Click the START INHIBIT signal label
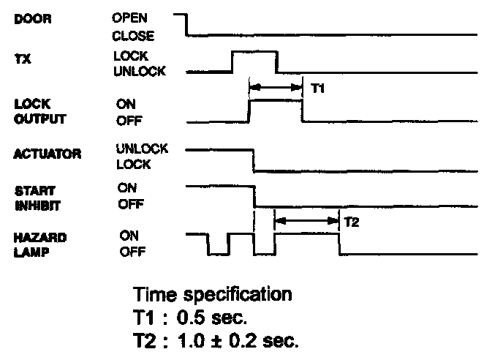(34, 198)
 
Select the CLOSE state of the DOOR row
(133, 34)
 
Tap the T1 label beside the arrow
(317, 88)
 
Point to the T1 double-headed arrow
(276, 87)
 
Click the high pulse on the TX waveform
(254, 53)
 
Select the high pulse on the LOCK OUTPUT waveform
(276, 102)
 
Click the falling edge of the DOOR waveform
(187, 24)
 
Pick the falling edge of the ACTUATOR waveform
(253, 160)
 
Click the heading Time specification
(213, 296)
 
